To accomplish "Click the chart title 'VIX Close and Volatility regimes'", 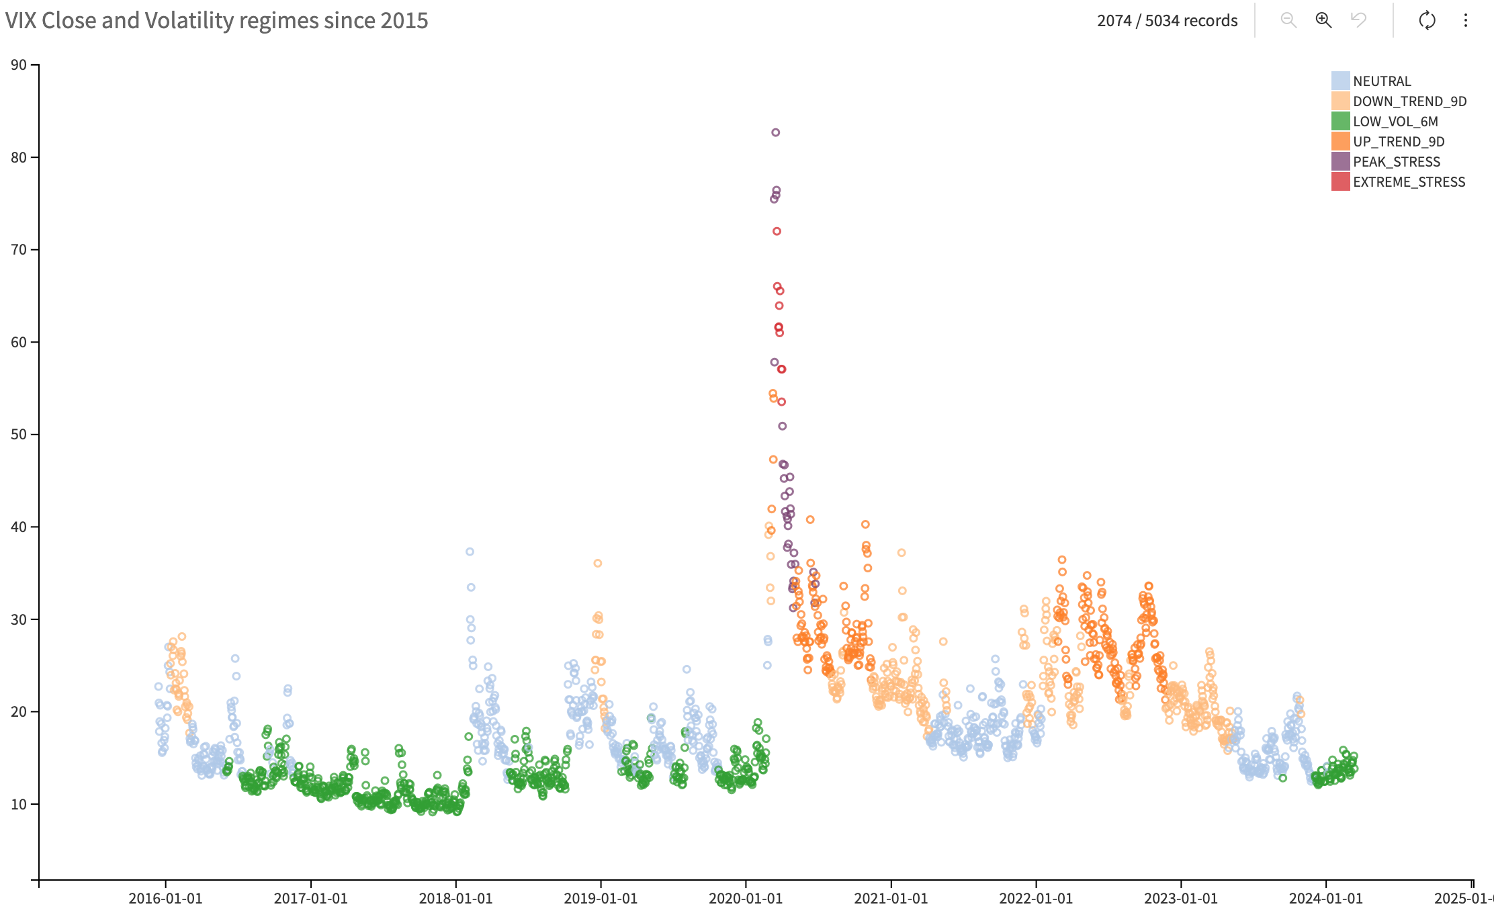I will coord(216,21).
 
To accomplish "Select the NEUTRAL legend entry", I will coord(1381,81).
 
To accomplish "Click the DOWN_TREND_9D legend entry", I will coord(1409,101).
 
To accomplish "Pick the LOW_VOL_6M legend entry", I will coord(1395,122).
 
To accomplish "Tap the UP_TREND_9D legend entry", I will coord(1398,142).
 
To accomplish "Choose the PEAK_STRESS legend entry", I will coord(1396,162).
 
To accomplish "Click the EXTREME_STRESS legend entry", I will coord(1408,182).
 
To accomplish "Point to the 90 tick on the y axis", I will coord(19,65).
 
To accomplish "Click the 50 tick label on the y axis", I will coord(19,435).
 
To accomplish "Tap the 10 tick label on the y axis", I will coord(19,804).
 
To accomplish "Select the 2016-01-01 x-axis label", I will coord(165,899).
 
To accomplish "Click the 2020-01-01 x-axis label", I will coord(746,899).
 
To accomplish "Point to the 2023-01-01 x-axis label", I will coord(1181,899).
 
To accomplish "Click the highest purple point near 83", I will coord(775,132).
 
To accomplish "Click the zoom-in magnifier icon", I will coord(1323,20).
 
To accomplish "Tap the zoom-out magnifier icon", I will coord(1288,20).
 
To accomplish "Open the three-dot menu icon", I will coord(1466,20).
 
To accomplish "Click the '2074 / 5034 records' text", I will coord(1167,21).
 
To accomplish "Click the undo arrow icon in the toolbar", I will coord(1358,20).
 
